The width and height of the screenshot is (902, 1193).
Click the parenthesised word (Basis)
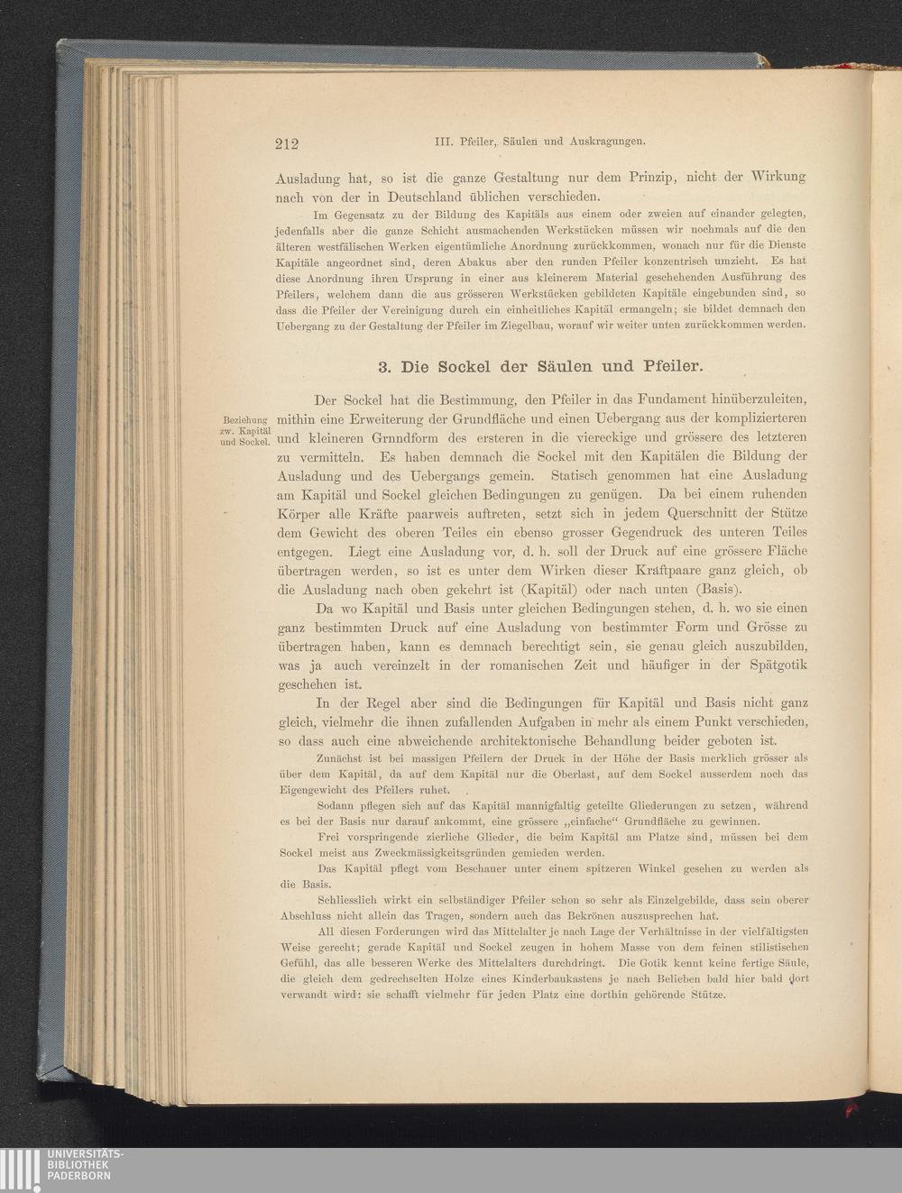point(723,588)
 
